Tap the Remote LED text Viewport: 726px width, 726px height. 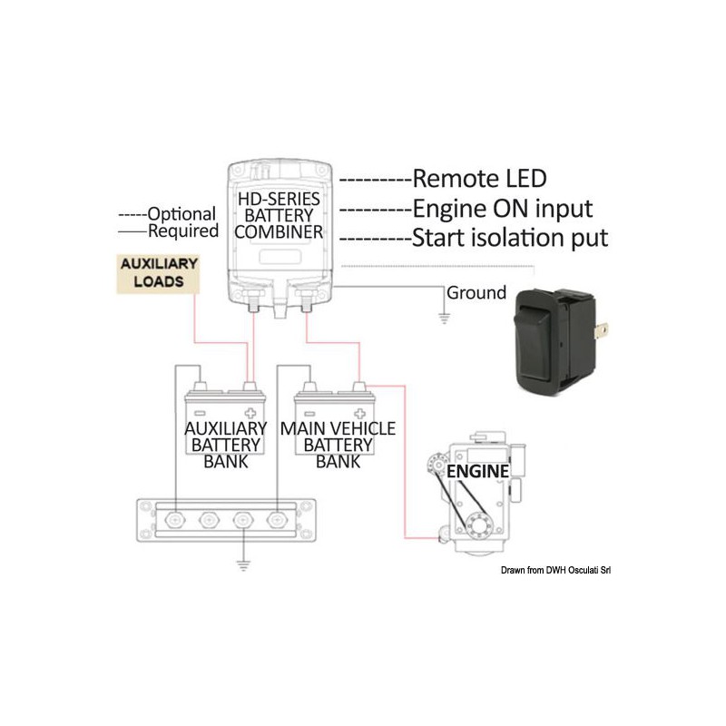pyautogui.click(x=479, y=178)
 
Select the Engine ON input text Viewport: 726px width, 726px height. pyautogui.click(x=502, y=209)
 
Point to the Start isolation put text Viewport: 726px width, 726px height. pyautogui.click(x=509, y=239)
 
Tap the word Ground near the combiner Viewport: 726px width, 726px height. pyautogui.click(x=476, y=293)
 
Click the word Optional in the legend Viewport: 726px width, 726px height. pyautogui.click(x=181, y=215)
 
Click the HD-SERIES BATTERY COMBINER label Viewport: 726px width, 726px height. pyautogui.click(x=280, y=216)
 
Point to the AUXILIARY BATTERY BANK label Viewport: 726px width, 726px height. pyautogui.click(x=226, y=444)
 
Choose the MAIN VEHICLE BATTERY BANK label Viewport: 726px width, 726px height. pyautogui.click(x=338, y=444)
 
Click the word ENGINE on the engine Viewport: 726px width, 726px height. pyautogui.click(x=476, y=472)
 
